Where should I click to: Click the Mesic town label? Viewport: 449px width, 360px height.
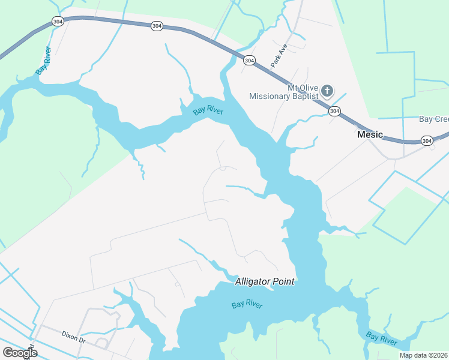370,134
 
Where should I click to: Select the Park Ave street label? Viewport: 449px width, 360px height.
279,53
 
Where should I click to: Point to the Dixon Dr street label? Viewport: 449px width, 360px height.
74,336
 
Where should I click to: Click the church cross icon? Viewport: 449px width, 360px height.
327,91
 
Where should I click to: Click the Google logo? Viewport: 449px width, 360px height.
20,352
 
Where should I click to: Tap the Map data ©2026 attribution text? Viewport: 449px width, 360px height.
424,355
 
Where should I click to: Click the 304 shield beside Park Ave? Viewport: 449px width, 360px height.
249,61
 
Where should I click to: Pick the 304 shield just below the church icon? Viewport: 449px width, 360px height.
334,111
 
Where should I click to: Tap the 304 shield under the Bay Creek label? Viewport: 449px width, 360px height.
427,140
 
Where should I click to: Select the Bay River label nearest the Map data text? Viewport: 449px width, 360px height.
382,338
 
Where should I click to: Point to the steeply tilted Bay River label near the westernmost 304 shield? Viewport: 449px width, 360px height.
43,59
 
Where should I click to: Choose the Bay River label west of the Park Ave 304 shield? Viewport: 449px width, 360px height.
208,111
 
